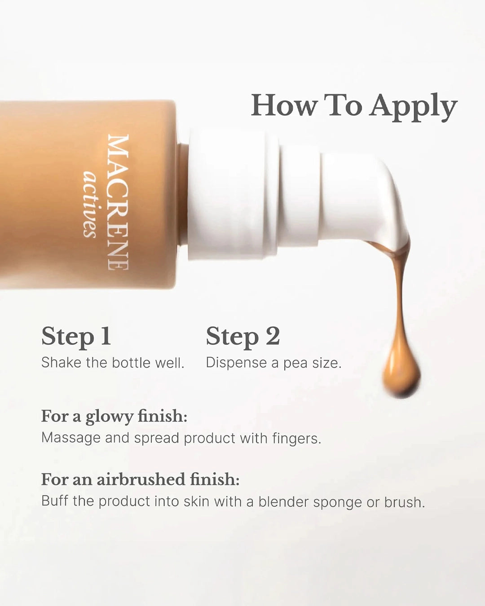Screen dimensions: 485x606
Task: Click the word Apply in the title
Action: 413,107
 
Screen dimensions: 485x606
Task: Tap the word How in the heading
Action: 284,105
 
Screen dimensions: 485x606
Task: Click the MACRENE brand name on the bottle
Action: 119,202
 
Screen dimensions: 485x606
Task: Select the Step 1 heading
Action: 76,337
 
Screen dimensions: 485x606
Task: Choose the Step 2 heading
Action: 243,337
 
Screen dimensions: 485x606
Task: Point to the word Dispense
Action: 236,363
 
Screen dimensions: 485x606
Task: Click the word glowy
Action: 109,417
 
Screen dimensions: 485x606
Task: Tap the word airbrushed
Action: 141,479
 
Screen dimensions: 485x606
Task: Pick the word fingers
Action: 297,439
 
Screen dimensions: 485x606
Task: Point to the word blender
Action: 283,501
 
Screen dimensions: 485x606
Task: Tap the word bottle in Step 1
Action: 131,362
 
